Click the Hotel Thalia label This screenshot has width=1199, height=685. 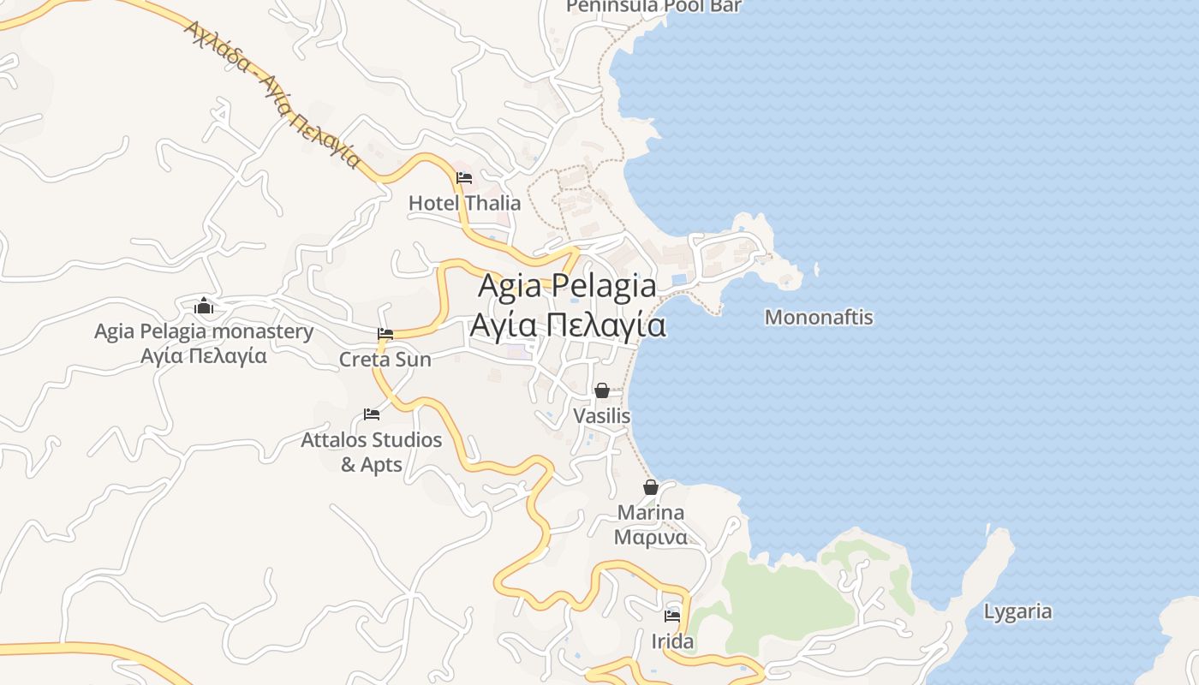[x=464, y=203]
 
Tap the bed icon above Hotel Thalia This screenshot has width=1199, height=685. [x=464, y=178]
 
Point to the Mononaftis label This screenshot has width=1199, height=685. [x=819, y=318]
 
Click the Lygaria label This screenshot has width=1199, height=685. [x=1017, y=612]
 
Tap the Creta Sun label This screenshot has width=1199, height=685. [x=385, y=360]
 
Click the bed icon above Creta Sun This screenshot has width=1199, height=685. [x=385, y=334]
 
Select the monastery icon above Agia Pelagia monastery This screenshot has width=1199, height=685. [x=204, y=306]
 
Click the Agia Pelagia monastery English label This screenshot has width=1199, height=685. [x=204, y=331]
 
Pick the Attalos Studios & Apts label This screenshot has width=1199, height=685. [x=372, y=452]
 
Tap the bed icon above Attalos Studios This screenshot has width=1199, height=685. [x=372, y=414]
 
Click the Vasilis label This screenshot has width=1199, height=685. [x=602, y=416]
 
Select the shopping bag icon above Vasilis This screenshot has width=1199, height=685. [x=602, y=390]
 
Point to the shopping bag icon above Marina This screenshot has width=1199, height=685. [x=651, y=487]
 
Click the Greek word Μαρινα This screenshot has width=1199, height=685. [x=651, y=538]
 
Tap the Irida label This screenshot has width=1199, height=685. [x=672, y=641]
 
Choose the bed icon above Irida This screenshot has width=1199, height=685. [x=672, y=616]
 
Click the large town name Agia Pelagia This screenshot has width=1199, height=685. [x=567, y=285]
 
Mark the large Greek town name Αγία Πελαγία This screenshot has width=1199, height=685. [x=567, y=326]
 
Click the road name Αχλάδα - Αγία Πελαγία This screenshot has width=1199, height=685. [x=272, y=94]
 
